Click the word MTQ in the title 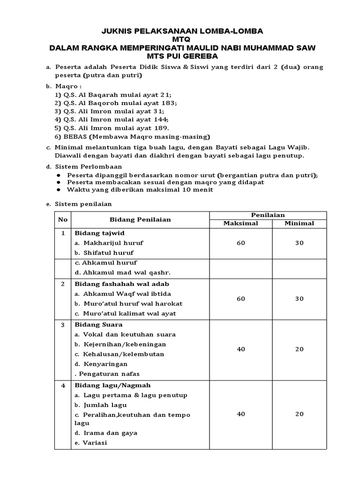click(x=182, y=39)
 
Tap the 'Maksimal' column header click(x=240, y=223)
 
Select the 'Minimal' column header click(x=299, y=223)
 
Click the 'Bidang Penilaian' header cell click(x=140, y=219)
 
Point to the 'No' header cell click(x=62, y=219)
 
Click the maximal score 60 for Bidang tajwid click(x=240, y=243)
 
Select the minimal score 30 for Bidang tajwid click(x=299, y=243)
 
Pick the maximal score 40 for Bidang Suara click(x=240, y=349)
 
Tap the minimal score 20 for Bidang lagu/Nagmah click(x=299, y=414)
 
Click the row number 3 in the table click(x=62, y=325)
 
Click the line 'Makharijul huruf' click(x=113, y=243)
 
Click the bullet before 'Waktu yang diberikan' click(x=59, y=190)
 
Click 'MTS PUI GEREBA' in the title click(x=182, y=56)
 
